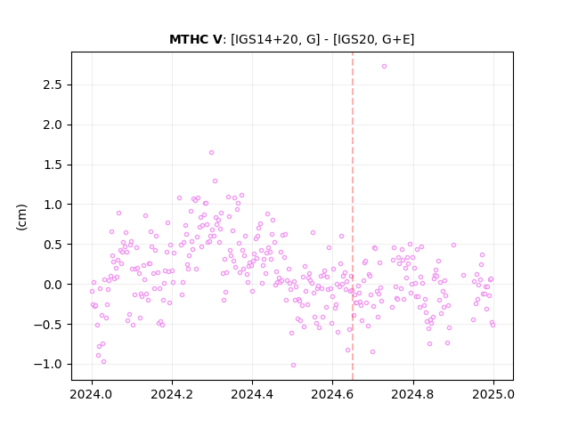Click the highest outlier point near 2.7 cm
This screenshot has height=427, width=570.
click(384, 67)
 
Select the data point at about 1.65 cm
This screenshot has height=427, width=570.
click(211, 153)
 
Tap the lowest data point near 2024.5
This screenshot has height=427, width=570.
click(293, 366)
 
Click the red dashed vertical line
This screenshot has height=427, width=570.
click(353, 216)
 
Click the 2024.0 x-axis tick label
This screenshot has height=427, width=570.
click(92, 394)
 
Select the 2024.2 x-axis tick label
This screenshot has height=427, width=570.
click(172, 394)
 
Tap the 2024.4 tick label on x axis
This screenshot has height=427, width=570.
click(252, 394)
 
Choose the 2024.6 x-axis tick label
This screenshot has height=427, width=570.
click(332, 394)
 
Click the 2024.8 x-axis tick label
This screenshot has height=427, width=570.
click(412, 394)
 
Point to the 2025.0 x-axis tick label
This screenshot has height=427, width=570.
click(493, 394)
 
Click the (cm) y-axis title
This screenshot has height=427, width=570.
click(21, 217)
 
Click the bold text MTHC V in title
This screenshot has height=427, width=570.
click(195, 39)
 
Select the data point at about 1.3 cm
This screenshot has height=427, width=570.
click(215, 181)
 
